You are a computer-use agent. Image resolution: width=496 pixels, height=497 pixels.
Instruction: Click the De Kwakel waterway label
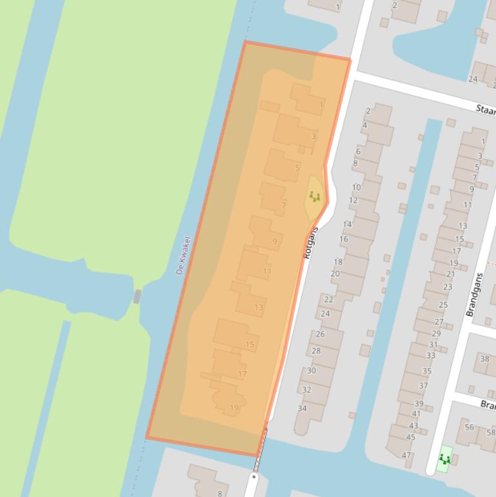point(184,256)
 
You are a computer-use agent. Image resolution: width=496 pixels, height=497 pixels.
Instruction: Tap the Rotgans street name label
point(312,243)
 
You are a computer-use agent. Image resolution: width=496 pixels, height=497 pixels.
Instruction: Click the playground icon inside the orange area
point(315,196)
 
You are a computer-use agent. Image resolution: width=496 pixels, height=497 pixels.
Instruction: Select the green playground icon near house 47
point(444,459)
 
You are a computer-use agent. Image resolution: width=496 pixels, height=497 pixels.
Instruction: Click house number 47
point(406,455)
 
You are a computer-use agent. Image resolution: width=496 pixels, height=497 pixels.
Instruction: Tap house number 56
point(469,427)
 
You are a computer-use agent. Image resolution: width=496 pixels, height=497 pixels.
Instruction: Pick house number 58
point(491,432)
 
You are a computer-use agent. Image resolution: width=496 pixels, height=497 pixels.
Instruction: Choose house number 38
point(484,359)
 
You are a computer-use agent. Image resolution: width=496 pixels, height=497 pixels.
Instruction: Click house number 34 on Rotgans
point(302,409)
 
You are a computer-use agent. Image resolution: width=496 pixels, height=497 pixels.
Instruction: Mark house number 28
point(316,350)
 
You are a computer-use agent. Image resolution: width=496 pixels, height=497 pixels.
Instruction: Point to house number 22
point(328,299)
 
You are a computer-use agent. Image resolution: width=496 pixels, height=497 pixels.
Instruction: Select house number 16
point(343,239)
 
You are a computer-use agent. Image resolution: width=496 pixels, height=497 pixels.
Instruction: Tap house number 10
point(356,187)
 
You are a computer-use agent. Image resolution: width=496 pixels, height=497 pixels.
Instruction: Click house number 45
point(410,437)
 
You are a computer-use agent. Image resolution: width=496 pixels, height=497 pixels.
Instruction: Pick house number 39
point(419,403)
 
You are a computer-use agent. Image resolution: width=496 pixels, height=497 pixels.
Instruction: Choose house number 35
point(426,371)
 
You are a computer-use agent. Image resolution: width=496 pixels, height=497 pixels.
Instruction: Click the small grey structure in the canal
point(137,296)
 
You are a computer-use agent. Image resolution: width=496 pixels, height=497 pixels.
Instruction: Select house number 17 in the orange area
point(242,374)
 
